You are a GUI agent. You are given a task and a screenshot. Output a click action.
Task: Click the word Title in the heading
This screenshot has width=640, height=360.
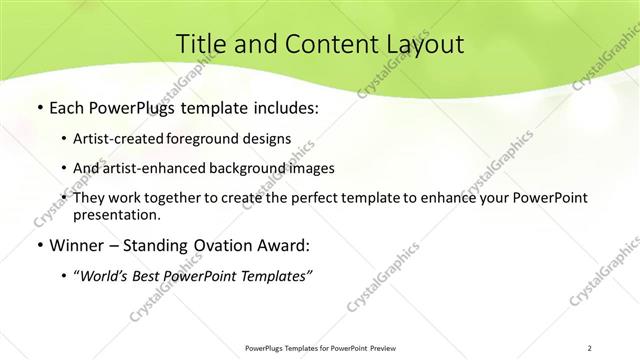pos(201,44)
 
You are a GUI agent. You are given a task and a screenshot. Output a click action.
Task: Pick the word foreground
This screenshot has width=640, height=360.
pos(212,138)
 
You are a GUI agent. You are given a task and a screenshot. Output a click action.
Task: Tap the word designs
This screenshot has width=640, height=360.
pos(269,138)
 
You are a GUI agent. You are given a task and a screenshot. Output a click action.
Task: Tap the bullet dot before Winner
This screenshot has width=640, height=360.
pos(39,246)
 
